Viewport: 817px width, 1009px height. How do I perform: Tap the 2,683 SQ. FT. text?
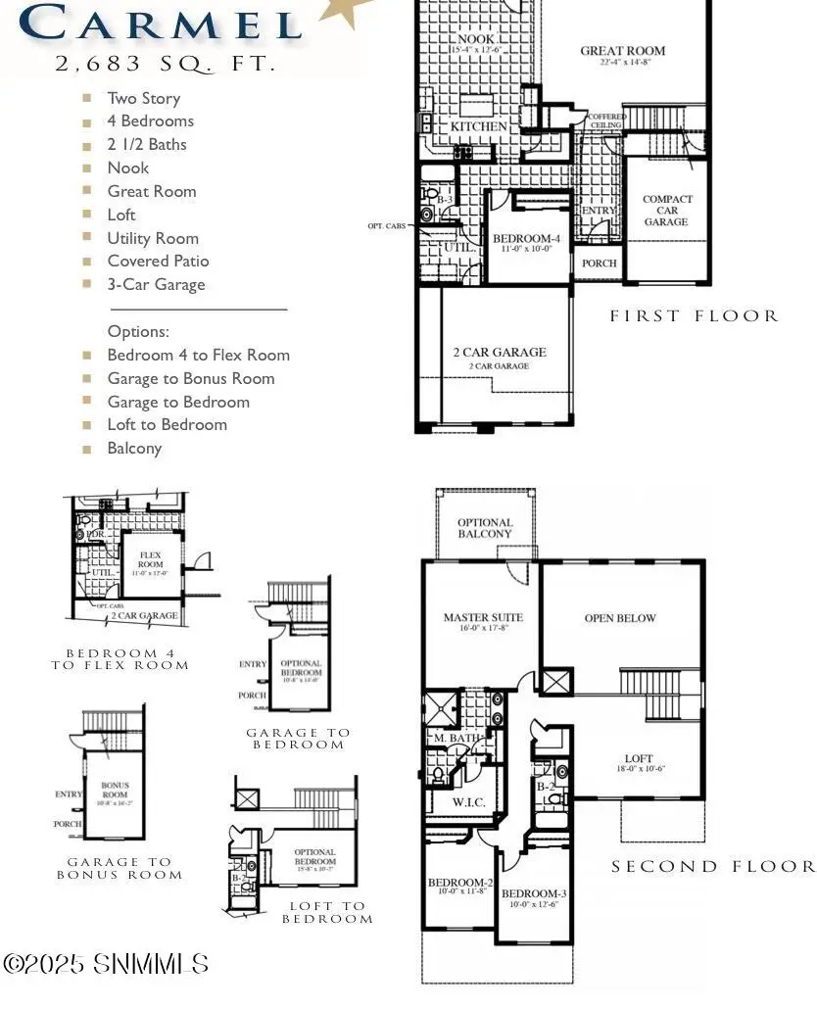pyautogui.click(x=165, y=64)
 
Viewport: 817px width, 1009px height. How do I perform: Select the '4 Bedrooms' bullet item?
pyautogui.click(x=150, y=121)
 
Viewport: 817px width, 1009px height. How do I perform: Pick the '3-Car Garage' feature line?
pyautogui.click(x=156, y=284)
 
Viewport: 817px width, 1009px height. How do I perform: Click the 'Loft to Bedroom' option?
pyautogui.click(x=167, y=425)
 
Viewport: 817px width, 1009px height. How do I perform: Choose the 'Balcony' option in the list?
pyautogui.click(x=134, y=449)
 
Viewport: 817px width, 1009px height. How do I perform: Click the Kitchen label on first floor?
pyautogui.click(x=479, y=126)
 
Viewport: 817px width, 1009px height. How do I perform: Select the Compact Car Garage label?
pyautogui.click(x=667, y=211)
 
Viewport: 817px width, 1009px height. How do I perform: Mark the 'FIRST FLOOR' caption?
pyautogui.click(x=694, y=315)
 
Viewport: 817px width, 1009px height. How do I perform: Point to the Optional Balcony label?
pyautogui.click(x=485, y=528)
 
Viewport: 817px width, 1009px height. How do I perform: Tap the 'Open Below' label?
pyautogui.click(x=620, y=618)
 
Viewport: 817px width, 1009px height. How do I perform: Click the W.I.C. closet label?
pyautogui.click(x=468, y=803)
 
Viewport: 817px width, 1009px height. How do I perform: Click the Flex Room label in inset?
pyautogui.click(x=150, y=559)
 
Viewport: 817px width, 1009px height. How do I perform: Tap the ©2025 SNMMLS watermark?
pyautogui.click(x=106, y=963)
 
